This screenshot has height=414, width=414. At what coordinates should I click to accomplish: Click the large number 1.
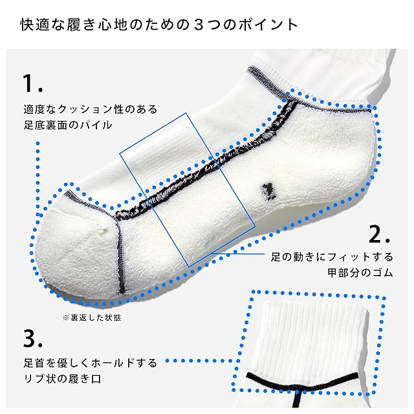click(30, 83)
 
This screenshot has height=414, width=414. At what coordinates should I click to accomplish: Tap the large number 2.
click(378, 234)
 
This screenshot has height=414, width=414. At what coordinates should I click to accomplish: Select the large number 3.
click(30, 338)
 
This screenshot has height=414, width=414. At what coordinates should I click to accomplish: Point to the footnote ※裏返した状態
click(91, 318)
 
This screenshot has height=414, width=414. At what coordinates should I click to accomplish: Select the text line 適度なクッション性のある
click(89, 109)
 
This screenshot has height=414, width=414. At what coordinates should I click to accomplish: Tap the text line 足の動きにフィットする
click(332, 256)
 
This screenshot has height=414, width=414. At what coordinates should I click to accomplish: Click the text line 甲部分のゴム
click(361, 272)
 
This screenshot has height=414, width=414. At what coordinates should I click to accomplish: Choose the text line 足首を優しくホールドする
click(89, 363)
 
